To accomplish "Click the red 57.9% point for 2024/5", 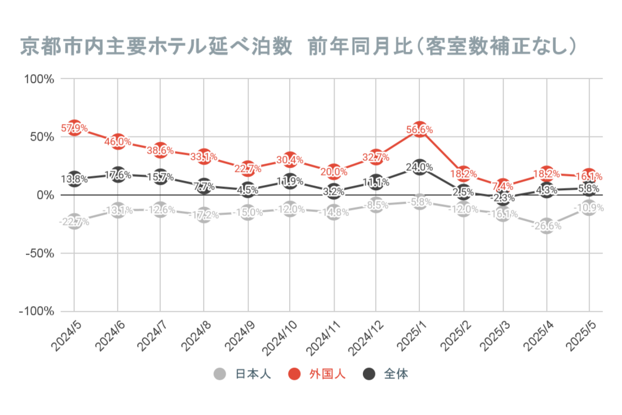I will (x=74, y=128).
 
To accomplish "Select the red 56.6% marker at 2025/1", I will (x=420, y=129).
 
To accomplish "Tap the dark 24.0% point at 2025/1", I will (x=420, y=167).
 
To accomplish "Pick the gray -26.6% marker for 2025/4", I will (x=547, y=226).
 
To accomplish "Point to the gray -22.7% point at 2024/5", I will (x=74, y=221).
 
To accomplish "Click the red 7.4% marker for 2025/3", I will (x=503, y=186).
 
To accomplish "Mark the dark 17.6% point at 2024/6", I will (x=118, y=175).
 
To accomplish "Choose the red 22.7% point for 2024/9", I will (x=248, y=168).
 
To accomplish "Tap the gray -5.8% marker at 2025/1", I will (x=420, y=202).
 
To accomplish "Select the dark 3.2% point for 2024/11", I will (x=334, y=191).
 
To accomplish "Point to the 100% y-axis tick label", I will (x=39, y=79).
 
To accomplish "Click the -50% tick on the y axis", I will (x=39, y=254).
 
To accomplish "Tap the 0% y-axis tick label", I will (x=45, y=195).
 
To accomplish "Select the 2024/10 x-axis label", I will (x=279, y=338).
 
